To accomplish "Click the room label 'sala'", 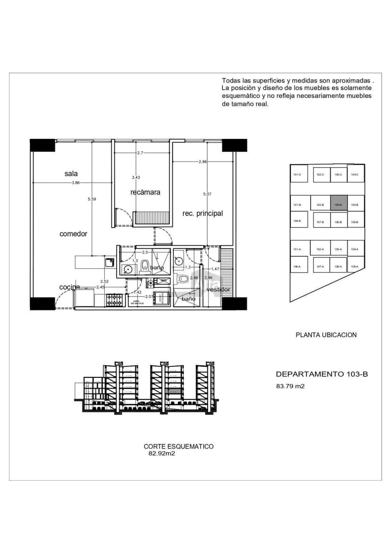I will click(x=71, y=174).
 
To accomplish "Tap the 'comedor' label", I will click(x=73, y=234).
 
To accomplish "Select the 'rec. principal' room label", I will click(x=203, y=213).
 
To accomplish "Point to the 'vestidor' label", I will click(x=217, y=289).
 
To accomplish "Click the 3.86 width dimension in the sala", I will click(x=75, y=183).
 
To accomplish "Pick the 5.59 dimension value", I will click(x=92, y=199).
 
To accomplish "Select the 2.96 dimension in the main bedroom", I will click(x=203, y=162).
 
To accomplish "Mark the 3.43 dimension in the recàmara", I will click(x=136, y=178).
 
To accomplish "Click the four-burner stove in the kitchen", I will click(x=114, y=299).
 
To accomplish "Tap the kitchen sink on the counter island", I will click(x=109, y=261).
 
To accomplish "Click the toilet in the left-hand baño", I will click(x=145, y=265).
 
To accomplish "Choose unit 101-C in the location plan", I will click(x=297, y=174).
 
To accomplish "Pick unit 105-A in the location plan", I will click(x=355, y=267).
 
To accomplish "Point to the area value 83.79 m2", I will click(x=290, y=386).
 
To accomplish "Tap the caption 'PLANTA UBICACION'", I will click(x=326, y=335).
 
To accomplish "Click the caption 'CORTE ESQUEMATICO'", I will click(x=178, y=446).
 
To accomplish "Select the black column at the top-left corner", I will click(x=42, y=145).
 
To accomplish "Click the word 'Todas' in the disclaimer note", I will click(x=230, y=81).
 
